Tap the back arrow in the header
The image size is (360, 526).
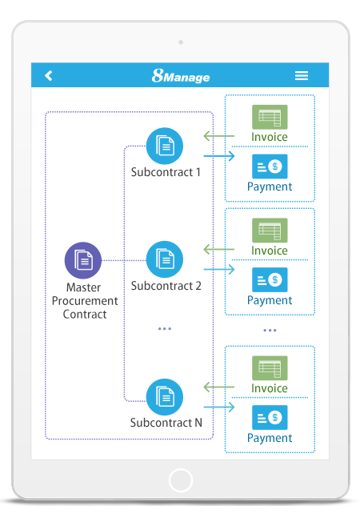pos(49,75)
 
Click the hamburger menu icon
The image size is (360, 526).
pos(302,75)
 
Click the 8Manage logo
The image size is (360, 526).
pos(180,76)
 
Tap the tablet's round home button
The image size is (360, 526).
pos(181,480)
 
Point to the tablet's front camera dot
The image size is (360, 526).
pos(181,42)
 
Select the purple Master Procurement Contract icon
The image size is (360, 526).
pos(82,260)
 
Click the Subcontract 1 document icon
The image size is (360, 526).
pos(165,146)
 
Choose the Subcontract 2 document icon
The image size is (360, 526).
pos(165,259)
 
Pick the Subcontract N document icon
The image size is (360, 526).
pos(165,397)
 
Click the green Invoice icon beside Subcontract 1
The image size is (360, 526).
pos(270,117)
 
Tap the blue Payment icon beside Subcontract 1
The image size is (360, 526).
pos(270,167)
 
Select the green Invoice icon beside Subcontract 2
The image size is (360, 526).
pos(270,231)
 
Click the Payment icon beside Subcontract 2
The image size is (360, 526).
pos(270,279)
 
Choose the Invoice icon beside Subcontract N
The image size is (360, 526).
pos(270,368)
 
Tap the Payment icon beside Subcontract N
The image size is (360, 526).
pos(270,417)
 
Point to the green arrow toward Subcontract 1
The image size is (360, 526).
pos(219,136)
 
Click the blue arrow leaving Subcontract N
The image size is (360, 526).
pos(219,408)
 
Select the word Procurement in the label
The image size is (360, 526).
pos(85,301)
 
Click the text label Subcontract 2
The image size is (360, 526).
pos(166,286)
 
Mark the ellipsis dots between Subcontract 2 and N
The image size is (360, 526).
pos(165,329)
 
